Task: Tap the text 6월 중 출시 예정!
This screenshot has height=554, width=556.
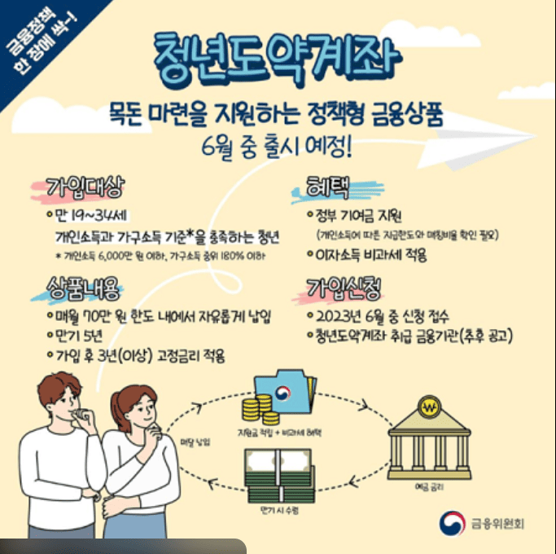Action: [x=278, y=148]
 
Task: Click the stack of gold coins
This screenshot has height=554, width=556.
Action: [x=262, y=406]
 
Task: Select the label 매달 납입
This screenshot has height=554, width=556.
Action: [x=195, y=441]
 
